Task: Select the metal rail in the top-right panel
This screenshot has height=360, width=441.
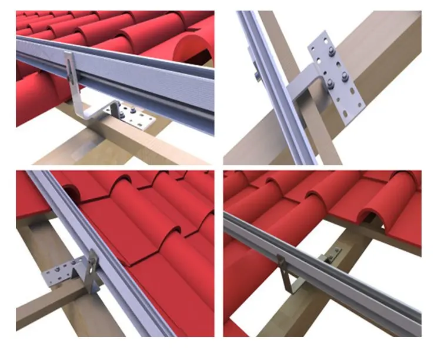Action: click(x=276, y=88)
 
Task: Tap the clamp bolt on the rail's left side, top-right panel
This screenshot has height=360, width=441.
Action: click(x=258, y=75)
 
